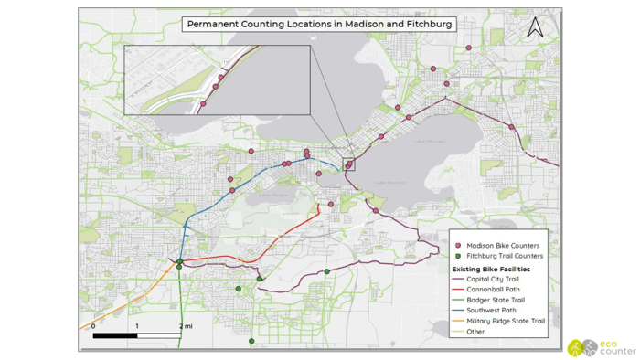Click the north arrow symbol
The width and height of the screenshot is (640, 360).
click(537, 27)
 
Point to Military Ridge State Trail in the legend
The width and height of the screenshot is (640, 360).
click(505, 321)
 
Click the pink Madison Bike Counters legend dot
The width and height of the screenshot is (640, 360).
click(458, 246)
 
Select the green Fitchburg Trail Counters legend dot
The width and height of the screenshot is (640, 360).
click(458, 257)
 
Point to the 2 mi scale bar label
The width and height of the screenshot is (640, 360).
click(187, 326)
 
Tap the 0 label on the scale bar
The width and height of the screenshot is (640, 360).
click(92, 326)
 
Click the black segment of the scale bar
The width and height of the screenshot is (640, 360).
click(115, 335)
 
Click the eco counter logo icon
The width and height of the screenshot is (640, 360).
click(577, 347)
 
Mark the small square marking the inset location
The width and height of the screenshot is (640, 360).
click(348, 164)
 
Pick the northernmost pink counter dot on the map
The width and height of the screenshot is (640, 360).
click(468, 48)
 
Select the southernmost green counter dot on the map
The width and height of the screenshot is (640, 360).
click(251, 341)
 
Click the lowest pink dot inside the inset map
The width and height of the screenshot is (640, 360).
click(203, 104)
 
